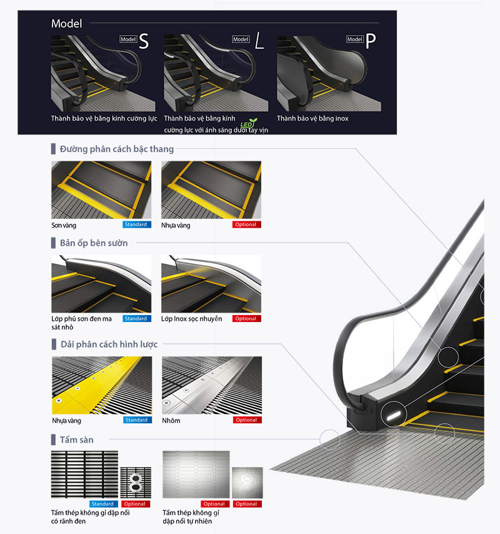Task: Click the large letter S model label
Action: pos(144,41)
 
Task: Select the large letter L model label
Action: pos(259,41)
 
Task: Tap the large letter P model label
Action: pos(371,41)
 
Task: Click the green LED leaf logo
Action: pos(249,123)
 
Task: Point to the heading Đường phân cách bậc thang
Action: pos(117,149)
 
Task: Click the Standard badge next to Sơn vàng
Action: pos(136,224)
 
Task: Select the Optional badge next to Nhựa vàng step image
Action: pos(246,224)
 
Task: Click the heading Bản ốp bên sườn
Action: pos(94,243)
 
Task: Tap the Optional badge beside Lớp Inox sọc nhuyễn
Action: pos(246,318)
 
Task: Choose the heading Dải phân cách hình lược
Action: pos(109,345)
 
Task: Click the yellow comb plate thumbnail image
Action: pos(102,385)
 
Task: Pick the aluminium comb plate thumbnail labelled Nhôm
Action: pos(212,385)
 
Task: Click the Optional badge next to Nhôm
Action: pos(247,420)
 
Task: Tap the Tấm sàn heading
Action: pos(77,440)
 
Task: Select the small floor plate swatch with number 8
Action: pos(136,483)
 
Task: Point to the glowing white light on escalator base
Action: pos(394,415)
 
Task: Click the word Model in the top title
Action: pos(67,24)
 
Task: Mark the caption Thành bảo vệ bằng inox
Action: pos(312,119)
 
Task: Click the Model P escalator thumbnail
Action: pos(329,74)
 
